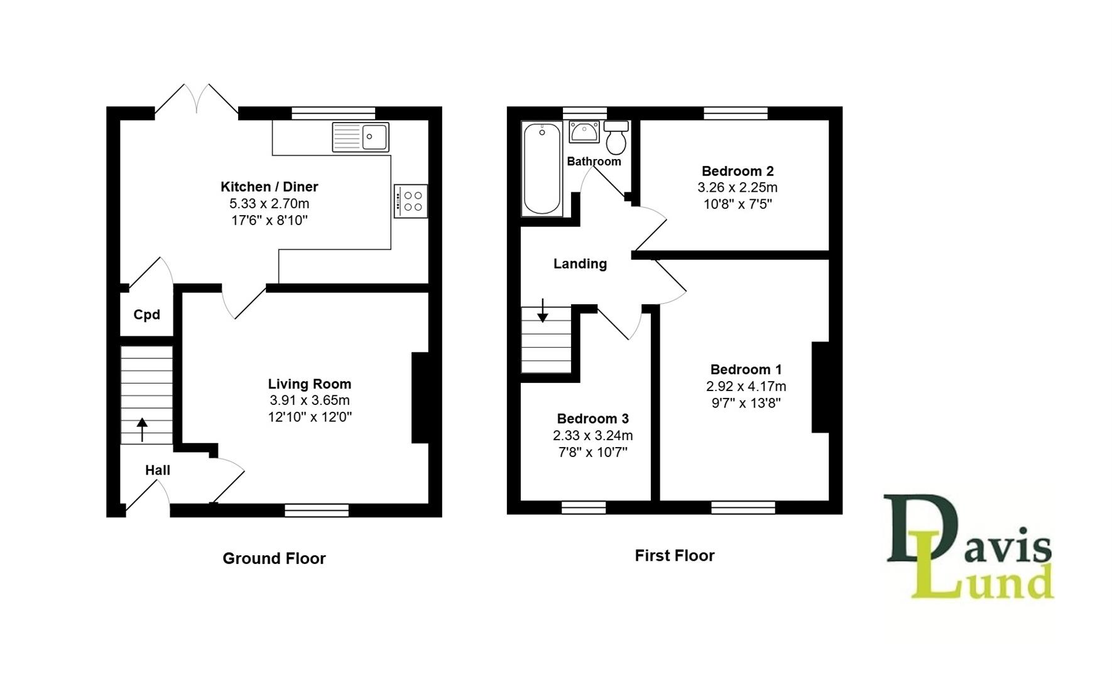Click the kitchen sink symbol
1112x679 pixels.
click(x=361, y=137)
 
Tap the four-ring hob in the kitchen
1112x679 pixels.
click(x=411, y=201)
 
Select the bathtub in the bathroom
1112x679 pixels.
click(x=542, y=168)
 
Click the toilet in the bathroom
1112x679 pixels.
click(x=616, y=138)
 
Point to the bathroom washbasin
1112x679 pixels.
click(x=584, y=133)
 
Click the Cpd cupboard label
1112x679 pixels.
click(x=146, y=314)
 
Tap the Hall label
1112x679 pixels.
click(x=157, y=470)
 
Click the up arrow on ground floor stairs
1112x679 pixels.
click(x=142, y=429)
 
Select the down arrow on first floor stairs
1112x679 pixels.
click(x=542, y=311)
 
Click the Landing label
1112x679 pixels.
click(x=580, y=263)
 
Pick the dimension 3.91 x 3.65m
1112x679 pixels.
click(x=310, y=400)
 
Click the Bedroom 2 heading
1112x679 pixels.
click(x=738, y=170)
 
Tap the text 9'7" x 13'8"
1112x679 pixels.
click(x=746, y=403)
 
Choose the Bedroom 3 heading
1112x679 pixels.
click(x=592, y=418)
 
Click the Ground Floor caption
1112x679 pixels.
click(x=274, y=558)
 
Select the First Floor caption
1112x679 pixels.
click(x=674, y=556)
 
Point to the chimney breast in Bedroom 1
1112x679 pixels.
click(x=820, y=387)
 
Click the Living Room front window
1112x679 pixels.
click(x=317, y=510)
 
